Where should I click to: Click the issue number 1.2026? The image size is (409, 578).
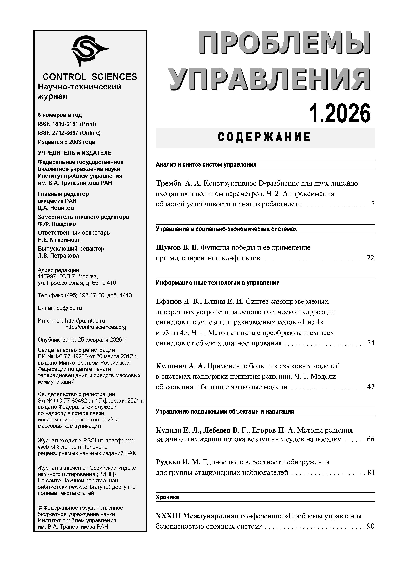(340, 114)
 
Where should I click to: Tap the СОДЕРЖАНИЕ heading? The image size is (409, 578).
(265, 137)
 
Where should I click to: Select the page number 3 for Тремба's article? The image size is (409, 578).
(372, 204)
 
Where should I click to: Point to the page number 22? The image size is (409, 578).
(370, 258)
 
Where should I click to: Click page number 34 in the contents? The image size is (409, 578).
(370, 343)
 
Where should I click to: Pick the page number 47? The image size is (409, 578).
(370, 387)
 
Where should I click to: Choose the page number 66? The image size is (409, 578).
(370, 439)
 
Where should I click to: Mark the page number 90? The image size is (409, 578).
(370, 526)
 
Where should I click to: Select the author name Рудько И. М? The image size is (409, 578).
(178, 462)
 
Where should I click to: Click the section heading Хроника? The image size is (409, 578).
(167, 497)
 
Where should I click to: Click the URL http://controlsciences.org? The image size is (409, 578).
(96, 327)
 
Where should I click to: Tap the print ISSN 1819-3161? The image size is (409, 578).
(67, 124)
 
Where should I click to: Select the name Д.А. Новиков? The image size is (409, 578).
(56, 208)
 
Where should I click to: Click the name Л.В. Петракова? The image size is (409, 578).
(58, 256)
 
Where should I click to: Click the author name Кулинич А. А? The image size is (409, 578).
(180, 366)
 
